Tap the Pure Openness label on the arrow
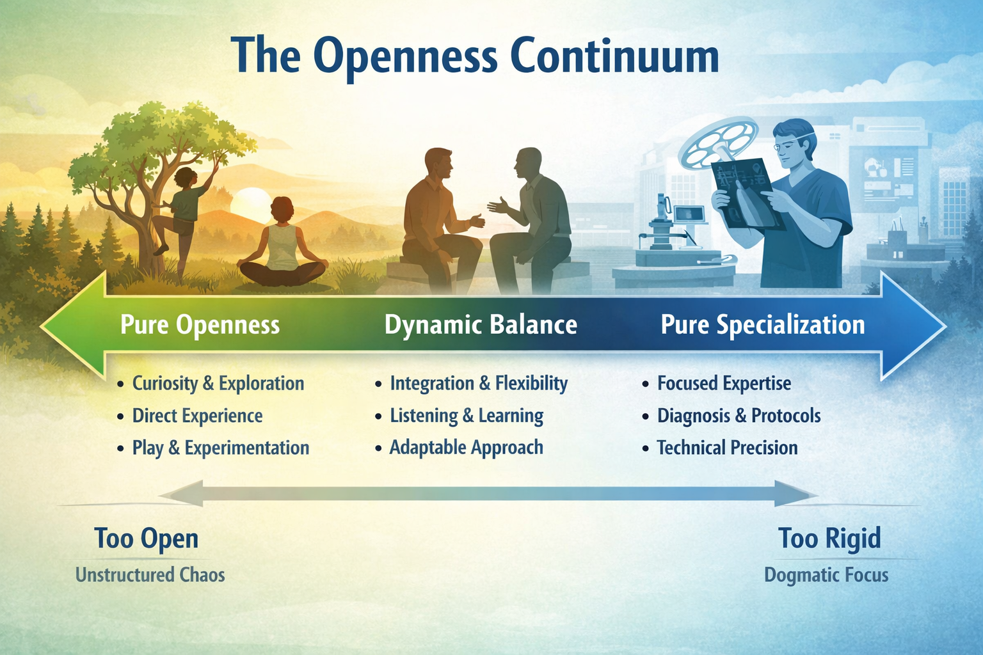[200, 325]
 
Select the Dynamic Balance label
[481, 325]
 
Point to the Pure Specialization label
[762, 325]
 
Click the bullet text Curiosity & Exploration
[218, 384]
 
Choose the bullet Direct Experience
[197, 416]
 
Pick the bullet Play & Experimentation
[220, 448]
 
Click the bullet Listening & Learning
[467, 416]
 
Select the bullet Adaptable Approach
[466, 448]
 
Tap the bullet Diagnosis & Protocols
[739, 416]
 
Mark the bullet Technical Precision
[727, 448]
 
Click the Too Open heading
[147, 539]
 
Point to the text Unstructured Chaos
[150, 574]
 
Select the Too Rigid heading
[829, 539]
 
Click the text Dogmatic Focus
[826, 574]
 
